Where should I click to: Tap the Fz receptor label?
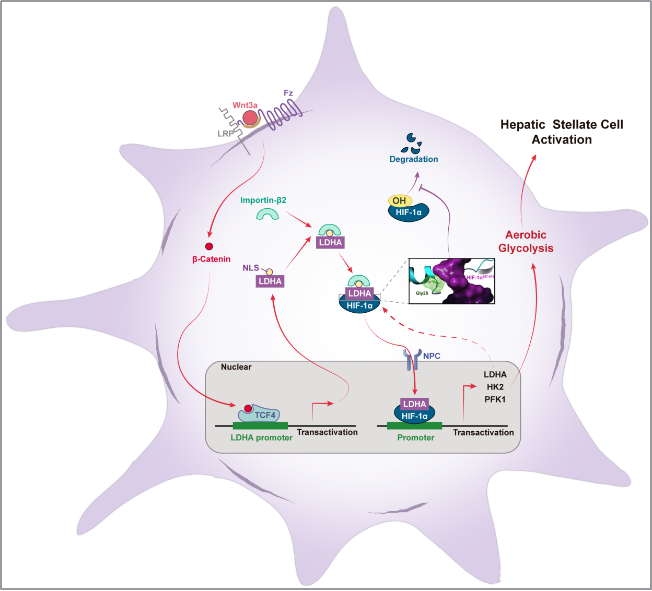[x=288, y=93]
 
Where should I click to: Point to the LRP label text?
[x=225, y=134]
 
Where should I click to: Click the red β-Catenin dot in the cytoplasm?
[x=209, y=246]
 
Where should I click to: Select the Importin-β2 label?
[x=263, y=200]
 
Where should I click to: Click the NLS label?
[x=251, y=268]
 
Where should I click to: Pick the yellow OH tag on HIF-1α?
[x=400, y=200]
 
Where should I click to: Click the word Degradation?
[x=414, y=159]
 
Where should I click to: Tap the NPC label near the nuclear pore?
[x=432, y=356]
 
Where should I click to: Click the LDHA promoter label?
[x=262, y=438]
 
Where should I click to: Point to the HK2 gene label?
[x=495, y=387]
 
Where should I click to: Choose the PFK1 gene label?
[x=495, y=399]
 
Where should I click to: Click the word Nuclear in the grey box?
[x=236, y=367]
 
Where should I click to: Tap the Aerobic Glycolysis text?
[x=526, y=241]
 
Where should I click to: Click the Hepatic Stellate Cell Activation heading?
[x=562, y=132]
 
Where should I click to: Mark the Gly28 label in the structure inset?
[x=422, y=293]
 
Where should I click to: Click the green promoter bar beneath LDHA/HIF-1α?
[x=415, y=426]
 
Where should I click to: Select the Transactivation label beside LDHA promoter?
[x=327, y=432]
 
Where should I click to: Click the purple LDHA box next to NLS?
[x=270, y=281]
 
